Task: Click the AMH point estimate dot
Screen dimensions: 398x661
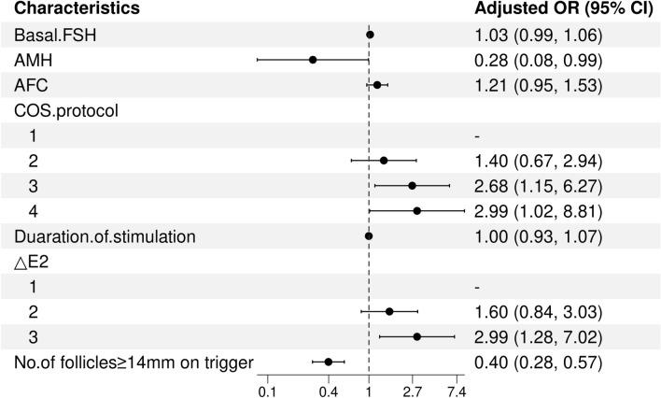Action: coord(313,60)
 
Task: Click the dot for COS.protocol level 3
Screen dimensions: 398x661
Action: coord(412,186)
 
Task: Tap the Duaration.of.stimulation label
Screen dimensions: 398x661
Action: coord(105,236)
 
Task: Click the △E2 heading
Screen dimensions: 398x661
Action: coord(30,262)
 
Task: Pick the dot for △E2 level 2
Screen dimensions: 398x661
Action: coord(389,311)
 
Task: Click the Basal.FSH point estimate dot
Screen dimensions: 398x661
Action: coord(371,35)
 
